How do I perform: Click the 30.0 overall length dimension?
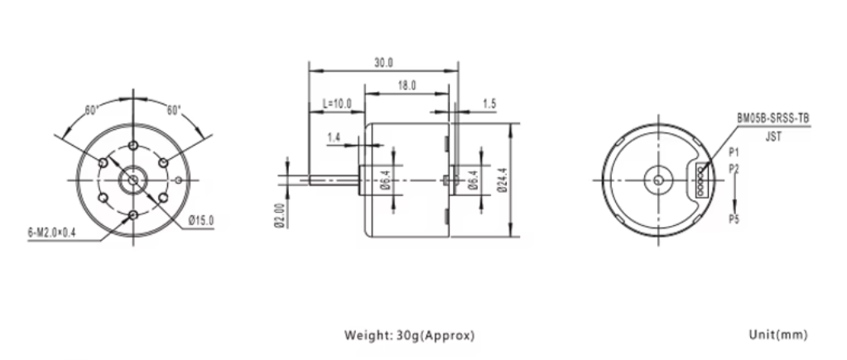point(383,63)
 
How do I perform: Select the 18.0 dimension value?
point(407,85)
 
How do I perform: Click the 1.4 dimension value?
point(334,137)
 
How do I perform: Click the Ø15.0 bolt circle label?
point(201,220)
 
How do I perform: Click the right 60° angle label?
point(174,110)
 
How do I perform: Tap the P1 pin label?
point(734,153)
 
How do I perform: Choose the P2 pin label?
point(734,168)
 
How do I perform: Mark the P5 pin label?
point(734,219)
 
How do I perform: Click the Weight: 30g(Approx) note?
point(410,336)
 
